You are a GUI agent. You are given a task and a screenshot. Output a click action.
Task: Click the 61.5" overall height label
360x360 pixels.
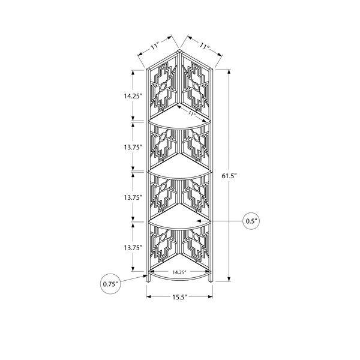click(x=229, y=176)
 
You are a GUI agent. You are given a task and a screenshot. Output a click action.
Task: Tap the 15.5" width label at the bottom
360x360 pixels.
click(x=180, y=297)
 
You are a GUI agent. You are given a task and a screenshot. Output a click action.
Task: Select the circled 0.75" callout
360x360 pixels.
click(x=110, y=284)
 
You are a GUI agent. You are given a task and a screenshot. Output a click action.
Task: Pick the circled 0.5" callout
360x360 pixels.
click(x=251, y=221)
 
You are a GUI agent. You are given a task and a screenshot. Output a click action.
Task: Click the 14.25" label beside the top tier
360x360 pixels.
click(x=132, y=96)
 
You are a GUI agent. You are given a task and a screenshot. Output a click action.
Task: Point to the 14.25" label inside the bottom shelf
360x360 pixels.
click(x=179, y=272)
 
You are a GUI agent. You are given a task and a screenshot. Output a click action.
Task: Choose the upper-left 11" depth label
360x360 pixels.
click(x=155, y=47)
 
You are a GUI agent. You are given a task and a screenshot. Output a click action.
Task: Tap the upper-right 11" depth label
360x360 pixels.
click(x=205, y=46)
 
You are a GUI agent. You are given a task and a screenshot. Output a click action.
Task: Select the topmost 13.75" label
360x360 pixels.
click(x=132, y=147)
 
